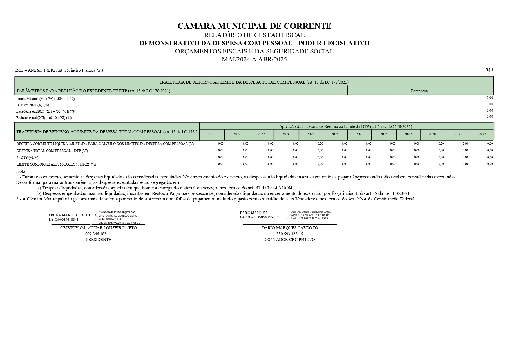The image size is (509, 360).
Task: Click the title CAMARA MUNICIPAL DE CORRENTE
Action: tap(254, 26)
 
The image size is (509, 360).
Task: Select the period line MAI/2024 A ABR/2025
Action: tap(254, 59)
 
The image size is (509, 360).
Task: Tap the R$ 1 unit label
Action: tap(489, 70)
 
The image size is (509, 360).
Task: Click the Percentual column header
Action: tap(419, 91)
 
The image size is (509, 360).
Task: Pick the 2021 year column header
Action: tap(211, 134)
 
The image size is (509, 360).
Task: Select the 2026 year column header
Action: tap(335, 134)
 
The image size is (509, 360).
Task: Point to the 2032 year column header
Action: tap(482, 134)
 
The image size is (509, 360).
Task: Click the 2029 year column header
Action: tap(408, 134)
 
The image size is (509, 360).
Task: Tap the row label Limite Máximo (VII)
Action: tap(46, 99)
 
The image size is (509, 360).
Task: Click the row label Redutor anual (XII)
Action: tap(44, 118)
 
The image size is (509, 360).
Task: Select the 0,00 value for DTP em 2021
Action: tap(490, 104)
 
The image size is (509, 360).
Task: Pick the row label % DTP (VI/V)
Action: tap(27, 158)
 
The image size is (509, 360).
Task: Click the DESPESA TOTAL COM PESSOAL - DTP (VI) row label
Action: tap(52, 151)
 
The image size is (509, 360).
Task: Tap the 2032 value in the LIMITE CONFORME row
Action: tap(490, 164)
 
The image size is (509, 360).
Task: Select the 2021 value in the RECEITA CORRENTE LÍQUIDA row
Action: tap(220, 144)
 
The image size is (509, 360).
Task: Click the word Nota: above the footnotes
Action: tap(21, 171)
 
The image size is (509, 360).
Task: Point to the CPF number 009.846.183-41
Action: tap(98, 234)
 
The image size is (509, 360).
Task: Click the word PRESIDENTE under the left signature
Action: tap(98, 240)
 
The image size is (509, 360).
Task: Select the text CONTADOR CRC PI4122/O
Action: tap(289, 240)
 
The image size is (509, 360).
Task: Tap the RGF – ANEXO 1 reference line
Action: tap(59, 70)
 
